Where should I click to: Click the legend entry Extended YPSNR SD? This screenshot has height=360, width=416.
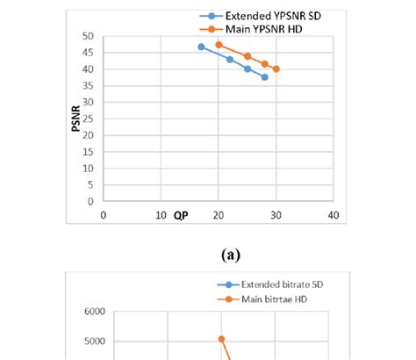pos(264,16)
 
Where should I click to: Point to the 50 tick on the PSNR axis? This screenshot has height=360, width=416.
pos(88,36)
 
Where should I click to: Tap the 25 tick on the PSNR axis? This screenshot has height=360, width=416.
pos(88,119)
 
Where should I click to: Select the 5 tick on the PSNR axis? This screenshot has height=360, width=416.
pos(90,184)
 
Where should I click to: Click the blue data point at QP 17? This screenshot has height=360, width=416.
pos(201,47)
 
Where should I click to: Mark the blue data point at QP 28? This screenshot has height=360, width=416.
pos(264,77)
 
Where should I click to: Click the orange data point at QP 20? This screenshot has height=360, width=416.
pos(219,44)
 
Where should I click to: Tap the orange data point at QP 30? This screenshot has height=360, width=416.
pos(276,68)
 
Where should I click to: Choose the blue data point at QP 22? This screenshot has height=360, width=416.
pos(230,59)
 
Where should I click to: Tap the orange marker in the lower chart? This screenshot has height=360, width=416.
pos(221,339)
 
